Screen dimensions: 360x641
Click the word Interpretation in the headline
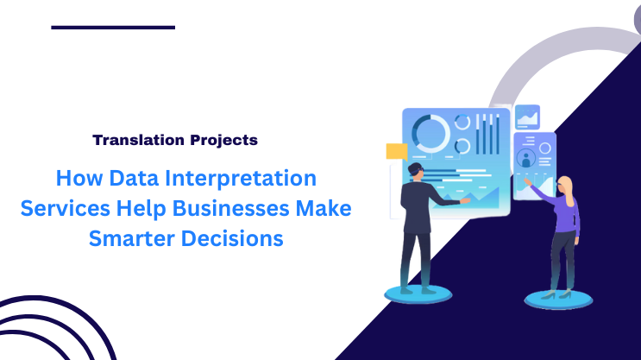click(x=235, y=180)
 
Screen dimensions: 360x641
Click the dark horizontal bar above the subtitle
click(x=113, y=28)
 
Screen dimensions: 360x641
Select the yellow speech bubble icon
click(x=396, y=152)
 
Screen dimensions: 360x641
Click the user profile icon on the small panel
click(x=525, y=159)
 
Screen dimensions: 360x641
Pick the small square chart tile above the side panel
click(x=527, y=117)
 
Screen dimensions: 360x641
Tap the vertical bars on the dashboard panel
click(x=488, y=135)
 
